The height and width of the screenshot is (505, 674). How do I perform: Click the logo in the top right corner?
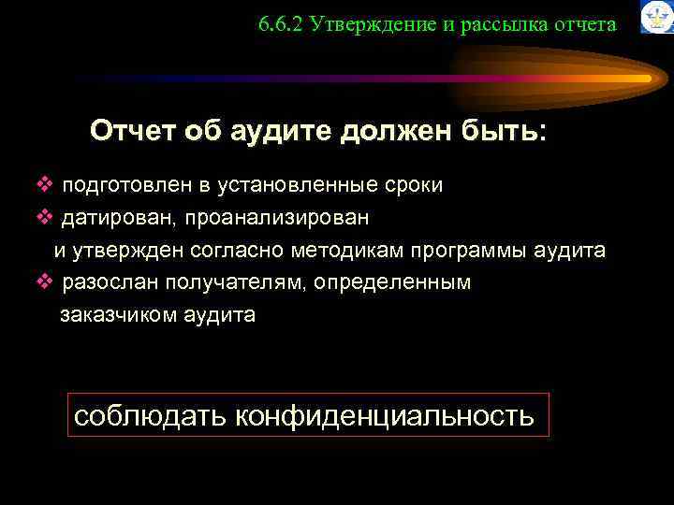click(655, 17)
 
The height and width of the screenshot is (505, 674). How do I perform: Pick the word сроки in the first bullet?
click(413, 184)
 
